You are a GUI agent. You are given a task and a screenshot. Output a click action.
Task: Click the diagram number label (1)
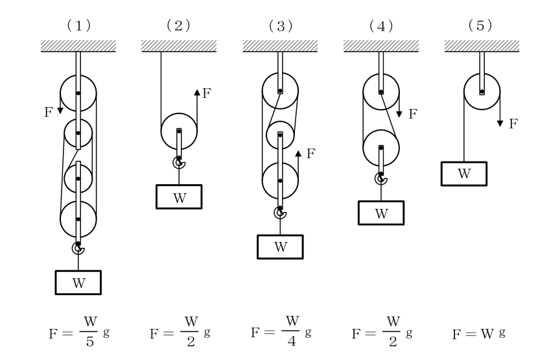[79, 26]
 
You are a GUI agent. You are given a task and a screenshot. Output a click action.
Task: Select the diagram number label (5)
[480, 25]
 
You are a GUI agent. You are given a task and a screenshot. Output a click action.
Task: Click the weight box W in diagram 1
[78, 283]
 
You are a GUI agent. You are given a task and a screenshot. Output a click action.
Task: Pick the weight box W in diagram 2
[179, 197]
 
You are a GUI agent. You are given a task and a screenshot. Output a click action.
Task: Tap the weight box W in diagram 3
[280, 246]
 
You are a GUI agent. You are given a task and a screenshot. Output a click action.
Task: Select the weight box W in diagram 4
[381, 213]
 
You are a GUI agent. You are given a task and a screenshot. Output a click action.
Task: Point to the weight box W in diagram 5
[464, 174]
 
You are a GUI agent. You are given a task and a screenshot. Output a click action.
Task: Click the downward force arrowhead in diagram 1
[60, 111]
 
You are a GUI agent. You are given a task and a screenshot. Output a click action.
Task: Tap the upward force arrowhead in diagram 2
[197, 93]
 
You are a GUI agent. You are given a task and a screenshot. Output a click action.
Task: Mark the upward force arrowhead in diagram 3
[298, 154]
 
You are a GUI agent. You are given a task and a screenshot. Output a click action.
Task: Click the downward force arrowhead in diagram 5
[500, 123]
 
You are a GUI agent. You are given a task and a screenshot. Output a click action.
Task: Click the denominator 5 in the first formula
[90, 342]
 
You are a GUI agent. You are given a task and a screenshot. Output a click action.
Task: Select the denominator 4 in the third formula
[292, 341]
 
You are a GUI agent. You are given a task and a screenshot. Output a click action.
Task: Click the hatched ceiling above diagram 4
[381, 46]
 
